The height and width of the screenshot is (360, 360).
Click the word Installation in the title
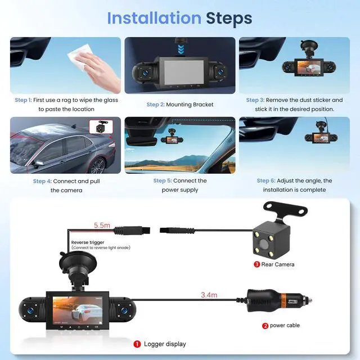154,18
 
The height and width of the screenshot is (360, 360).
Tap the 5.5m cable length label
102,225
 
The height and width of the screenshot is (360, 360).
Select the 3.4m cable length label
209,295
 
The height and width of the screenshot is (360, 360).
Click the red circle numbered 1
137,344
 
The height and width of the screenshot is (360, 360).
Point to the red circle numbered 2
265,326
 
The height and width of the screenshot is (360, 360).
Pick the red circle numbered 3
256,264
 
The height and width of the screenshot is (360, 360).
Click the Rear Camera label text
278,264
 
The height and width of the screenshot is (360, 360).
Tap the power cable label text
285,326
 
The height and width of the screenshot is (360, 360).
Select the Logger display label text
165,344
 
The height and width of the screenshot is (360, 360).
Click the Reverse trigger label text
88,242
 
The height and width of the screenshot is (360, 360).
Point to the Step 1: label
23,100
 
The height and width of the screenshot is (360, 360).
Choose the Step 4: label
42,181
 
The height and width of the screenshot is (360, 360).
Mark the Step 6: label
266,181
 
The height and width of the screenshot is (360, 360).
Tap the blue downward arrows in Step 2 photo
181,49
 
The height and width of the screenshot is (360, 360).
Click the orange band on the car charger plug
283,300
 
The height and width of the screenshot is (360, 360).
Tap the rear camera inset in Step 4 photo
101,127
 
